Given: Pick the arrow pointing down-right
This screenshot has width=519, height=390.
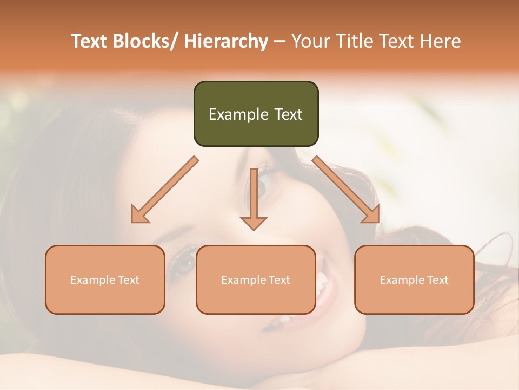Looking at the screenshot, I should coord(346,190).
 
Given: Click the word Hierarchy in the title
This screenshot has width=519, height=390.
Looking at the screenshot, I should coord(226,41).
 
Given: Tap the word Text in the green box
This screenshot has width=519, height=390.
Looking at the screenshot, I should coord(288,114).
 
